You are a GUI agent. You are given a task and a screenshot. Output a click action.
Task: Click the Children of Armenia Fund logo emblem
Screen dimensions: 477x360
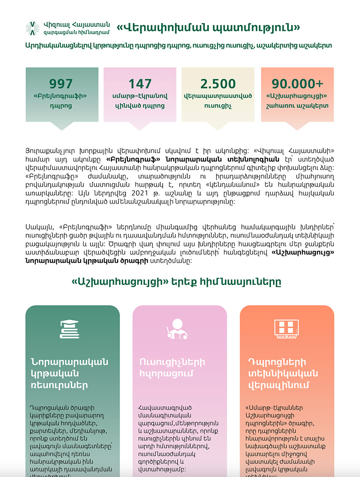click(x=32, y=28)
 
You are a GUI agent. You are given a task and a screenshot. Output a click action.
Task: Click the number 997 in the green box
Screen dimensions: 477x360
click(x=62, y=84)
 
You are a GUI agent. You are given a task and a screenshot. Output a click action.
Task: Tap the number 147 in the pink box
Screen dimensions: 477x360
click(x=140, y=84)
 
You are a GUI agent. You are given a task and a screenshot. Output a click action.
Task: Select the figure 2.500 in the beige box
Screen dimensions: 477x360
click(x=218, y=84)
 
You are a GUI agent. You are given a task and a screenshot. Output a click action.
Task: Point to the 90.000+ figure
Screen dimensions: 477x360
click(x=297, y=84)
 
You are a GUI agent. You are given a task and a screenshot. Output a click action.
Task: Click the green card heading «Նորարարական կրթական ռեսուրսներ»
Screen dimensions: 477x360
click(x=69, y=373)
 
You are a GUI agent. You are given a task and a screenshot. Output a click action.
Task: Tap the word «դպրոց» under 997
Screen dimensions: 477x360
click(x=62, y=106)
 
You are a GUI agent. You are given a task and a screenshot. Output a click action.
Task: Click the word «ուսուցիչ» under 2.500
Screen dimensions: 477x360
click(x=218, y=106)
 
